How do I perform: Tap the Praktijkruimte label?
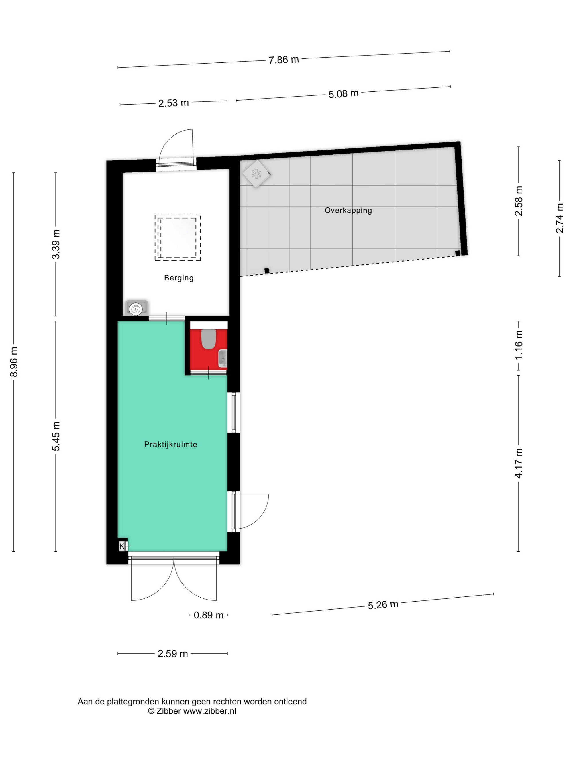tap(171, 445)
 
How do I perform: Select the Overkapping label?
tap(348, 210)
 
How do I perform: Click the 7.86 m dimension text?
tap(284, 60)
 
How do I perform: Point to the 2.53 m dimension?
tap(173, 103)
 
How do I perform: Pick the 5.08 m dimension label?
tap(343, 94)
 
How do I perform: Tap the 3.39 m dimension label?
tap(56, 244)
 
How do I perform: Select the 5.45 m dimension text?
tap(56, 436)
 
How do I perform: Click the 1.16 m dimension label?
tap(519, 345)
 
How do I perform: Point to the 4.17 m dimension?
tap(519, 463)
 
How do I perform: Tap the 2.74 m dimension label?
tap(560, 218)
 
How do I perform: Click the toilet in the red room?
tap(209, 339)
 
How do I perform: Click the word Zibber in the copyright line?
tap(169, 711)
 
